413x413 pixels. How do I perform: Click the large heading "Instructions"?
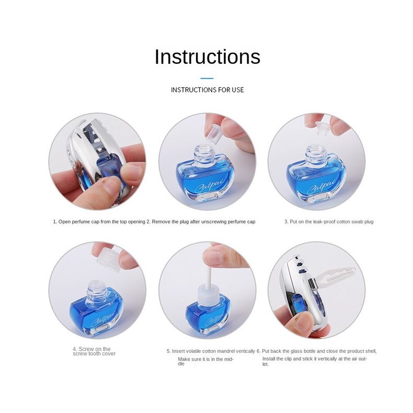[x=207, y=56]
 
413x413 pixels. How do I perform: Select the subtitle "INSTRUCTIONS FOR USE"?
[x=207, y=90]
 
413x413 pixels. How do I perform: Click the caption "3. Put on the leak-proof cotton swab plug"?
[x=329, y=222]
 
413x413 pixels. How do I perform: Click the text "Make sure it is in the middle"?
[x=205, y=361]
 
